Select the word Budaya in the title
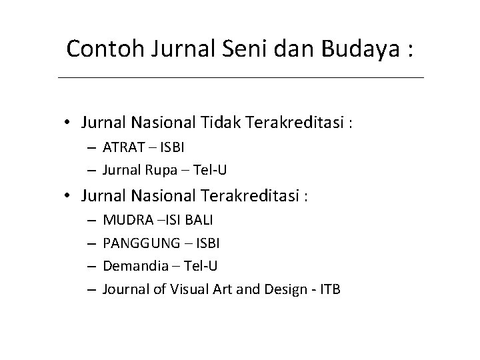[361, 49]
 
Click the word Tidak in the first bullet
[224, 123]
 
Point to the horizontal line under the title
[240, 78]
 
